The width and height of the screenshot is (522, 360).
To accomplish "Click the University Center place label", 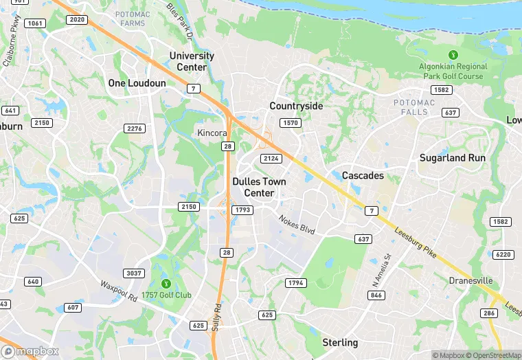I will pyautogui.click(x=192, y=61).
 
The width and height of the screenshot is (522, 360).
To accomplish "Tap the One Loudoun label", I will pyautogui.click(x=137, y=82).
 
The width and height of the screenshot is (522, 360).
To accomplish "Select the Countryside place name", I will pyautogui.click(x=296, y=106).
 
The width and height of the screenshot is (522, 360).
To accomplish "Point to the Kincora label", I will pyautogui.click(x=212, y=132).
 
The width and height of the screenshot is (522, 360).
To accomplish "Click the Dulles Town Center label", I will pyautogui.click(x=253, y=187).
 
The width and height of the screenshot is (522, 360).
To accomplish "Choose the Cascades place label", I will pyautogui.click(x=363, y=175).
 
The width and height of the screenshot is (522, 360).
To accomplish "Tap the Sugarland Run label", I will pyautogui.click(x=453, y=157).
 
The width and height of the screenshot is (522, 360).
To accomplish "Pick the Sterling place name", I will pyautogui.click(x=340, y=342).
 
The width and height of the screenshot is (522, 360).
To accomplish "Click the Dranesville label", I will pyautogui.click(x=470, y=280).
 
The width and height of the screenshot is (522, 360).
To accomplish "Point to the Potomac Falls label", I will pyautogui.click(x=414, y=107).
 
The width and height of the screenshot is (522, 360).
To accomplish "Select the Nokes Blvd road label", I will pyautogui.click(x=297, y=225).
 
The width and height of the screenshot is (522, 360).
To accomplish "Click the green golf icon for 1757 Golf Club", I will pyautogui.click(x=165, y=283).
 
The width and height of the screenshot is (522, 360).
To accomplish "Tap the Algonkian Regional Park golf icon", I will pyautogui.click(x=453, y=54).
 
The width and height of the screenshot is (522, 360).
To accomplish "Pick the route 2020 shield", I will pyautogui.click(x=77, y=20).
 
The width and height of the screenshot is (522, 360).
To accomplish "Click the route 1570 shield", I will pyautogui.click(x=291, y=123).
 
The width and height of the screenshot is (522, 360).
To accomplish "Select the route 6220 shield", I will pyautogui.click(x=503, y=254).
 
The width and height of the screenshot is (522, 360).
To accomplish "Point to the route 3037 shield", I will pyautogui.click(x=134, y=273).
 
